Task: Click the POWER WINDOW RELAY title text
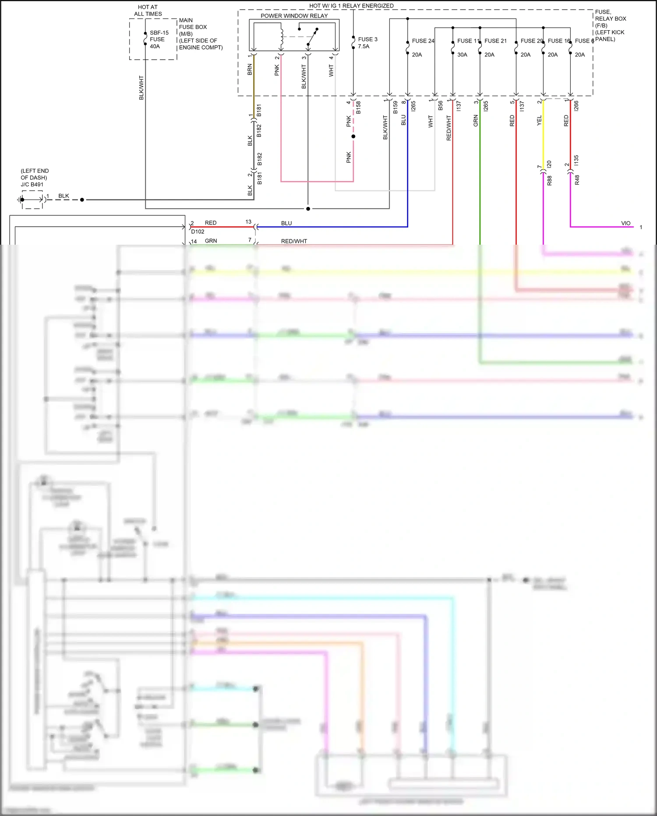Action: coord(294,16)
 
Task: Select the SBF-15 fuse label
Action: coord(159,33)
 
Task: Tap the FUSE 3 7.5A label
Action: coord(367,43)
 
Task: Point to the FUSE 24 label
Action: coord(423,41)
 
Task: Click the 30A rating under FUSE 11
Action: coord(462,55)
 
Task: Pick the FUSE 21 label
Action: coord(495,41)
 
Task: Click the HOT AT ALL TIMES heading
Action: coord(148,11)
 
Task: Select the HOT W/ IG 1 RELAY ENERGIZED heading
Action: coord(351,6)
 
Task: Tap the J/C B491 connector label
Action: coord(32,185)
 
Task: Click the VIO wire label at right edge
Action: coord(625,223)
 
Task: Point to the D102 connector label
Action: coord(198,232)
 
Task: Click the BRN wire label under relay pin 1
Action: coord(250,69)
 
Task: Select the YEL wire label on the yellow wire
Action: coord(539,121)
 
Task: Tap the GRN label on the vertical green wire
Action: coord(476,121)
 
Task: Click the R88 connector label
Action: coord(549,180)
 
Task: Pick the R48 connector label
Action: coord(577,180)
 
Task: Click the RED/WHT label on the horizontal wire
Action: coord(294,241)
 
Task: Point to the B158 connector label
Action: coord(358,107)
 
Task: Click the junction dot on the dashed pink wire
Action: coord(353,136)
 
